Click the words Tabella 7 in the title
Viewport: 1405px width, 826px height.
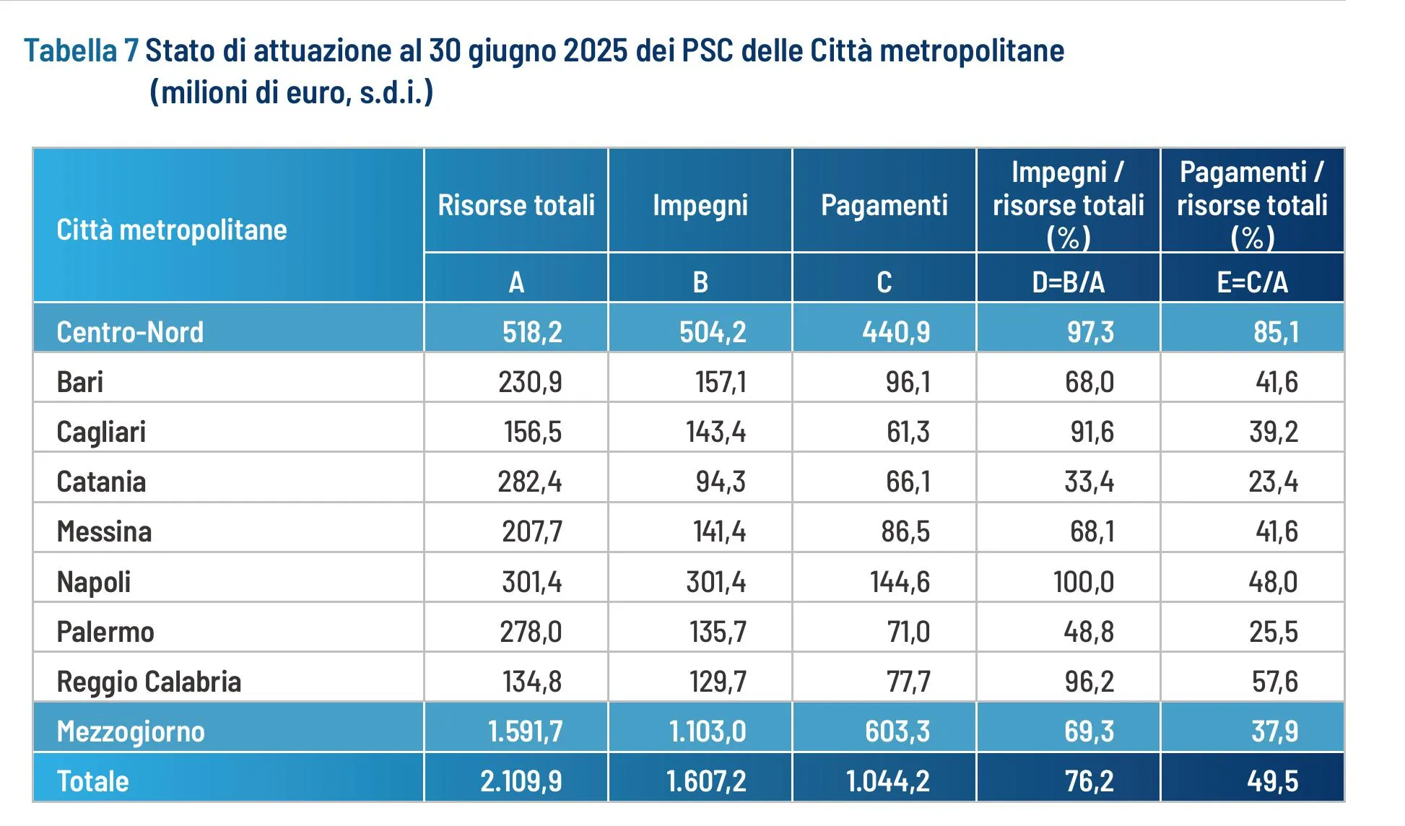pyautogui.click(x=81, y=51)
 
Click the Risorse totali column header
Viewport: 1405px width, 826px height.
pyautogui.click(x=516, y=206)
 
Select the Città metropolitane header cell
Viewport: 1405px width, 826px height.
pyautogui.click(x=172, y=230)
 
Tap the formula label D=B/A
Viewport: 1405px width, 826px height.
pyautogui.click(x=1068, y=282)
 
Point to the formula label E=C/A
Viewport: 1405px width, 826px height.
pyautogui.click(x=1252, y=282)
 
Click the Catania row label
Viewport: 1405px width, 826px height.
pyautogui.click(x=101, y=482)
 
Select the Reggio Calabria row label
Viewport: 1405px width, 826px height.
pyautogui.click(x=149, y=682)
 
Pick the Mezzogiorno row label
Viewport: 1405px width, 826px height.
pyautogui.click(x=131, y=731)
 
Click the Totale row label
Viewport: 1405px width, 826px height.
pyautogui.click(x=92, y=781)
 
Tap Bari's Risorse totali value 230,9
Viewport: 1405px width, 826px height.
pyautogui.click(x=530, y=382)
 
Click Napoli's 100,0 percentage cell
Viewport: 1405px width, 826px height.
pyautogui.click(x=1083, y=582)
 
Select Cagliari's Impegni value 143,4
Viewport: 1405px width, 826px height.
pyautogui.click(x=715, y=432)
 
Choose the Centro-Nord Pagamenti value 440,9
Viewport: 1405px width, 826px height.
pyautogui.click(x=896, y=332)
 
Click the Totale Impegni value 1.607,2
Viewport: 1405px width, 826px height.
pyautogui.click(x=706, y=781)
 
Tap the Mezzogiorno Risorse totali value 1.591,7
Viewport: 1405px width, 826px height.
pyautogui.click(x=525, y=731)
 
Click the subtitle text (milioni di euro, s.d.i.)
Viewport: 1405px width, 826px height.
pyautogui.click(x=291, y=92)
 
